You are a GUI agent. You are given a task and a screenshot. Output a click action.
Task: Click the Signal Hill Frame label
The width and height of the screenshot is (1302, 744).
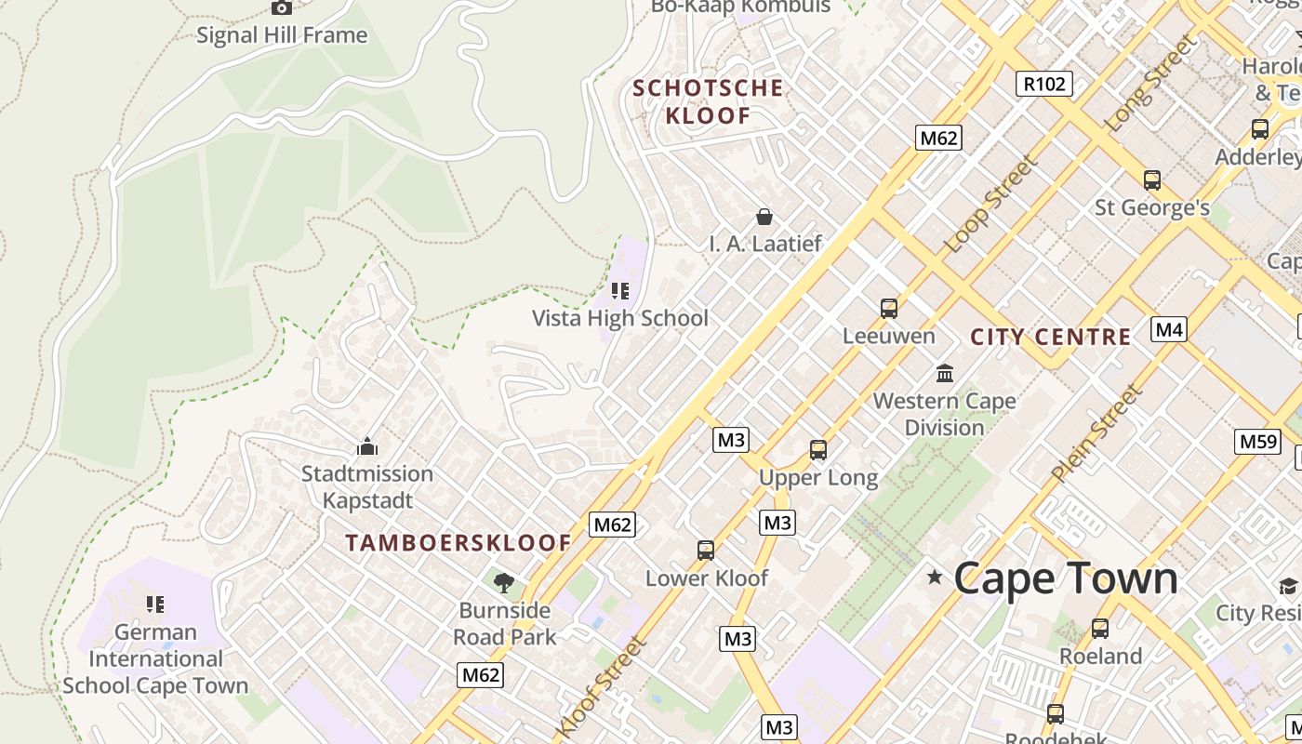click(x=282, y=35)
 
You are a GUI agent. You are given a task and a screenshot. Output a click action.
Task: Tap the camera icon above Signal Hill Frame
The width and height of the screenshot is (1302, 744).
click(x=282, y=7)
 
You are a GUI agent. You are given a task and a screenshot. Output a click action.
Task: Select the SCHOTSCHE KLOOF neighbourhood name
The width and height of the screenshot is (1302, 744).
click(x=708, y=101)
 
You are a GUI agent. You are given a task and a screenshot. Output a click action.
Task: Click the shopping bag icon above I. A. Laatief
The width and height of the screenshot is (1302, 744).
click(x=764, y=217)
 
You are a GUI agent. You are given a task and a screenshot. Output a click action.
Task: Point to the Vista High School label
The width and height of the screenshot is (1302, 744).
click(x=619, y=318)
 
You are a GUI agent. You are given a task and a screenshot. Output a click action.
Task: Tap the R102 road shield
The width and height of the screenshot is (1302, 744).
click(x=1043, y=84)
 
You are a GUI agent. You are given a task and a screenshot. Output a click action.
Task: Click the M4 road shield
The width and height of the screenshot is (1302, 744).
click(x=1169, y=328)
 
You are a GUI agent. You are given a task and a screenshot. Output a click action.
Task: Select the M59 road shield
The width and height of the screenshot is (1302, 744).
click(x=1257, y=441)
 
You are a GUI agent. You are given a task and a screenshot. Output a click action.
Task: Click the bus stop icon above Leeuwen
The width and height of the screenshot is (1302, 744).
click(x=889, y=308)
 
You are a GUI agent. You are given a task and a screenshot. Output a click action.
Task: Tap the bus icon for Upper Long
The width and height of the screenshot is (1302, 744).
click(x=818, y=450)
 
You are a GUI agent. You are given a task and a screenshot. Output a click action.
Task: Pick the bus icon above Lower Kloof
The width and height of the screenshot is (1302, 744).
click(x=706, y=551)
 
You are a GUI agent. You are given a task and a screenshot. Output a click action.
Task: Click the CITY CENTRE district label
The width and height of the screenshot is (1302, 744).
click(x=1051, y=337)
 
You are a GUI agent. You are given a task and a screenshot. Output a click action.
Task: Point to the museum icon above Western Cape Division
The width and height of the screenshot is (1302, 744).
click(x=945, y=373)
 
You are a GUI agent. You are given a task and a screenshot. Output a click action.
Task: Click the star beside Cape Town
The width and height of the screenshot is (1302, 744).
click(x=935, y=578)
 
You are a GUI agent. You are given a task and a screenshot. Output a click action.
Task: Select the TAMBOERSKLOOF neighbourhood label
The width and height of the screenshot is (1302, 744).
click(x=458, y=543)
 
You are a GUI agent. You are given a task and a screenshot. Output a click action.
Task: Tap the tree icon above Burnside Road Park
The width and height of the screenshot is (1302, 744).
click(x=504, y=583)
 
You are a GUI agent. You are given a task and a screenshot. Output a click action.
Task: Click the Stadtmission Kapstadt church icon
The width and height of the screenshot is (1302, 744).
click(x=367, y=446)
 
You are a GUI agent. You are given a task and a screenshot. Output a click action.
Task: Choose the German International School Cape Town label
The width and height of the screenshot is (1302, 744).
click(x=155, y=658)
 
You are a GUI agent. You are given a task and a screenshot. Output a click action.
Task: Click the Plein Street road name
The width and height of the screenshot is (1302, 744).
click(x=1096, y=433)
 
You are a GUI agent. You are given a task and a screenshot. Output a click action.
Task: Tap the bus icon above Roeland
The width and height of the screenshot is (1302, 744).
click(x=1100, y=629)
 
